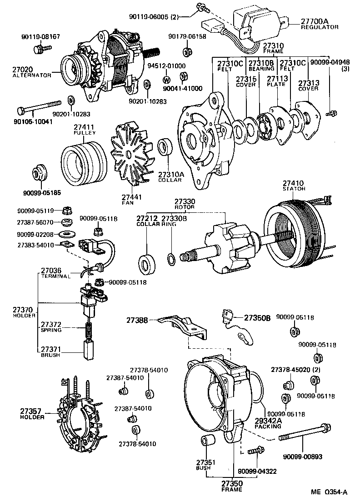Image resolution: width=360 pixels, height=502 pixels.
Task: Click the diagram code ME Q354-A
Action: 329,492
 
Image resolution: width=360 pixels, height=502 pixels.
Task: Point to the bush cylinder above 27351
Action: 207,441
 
